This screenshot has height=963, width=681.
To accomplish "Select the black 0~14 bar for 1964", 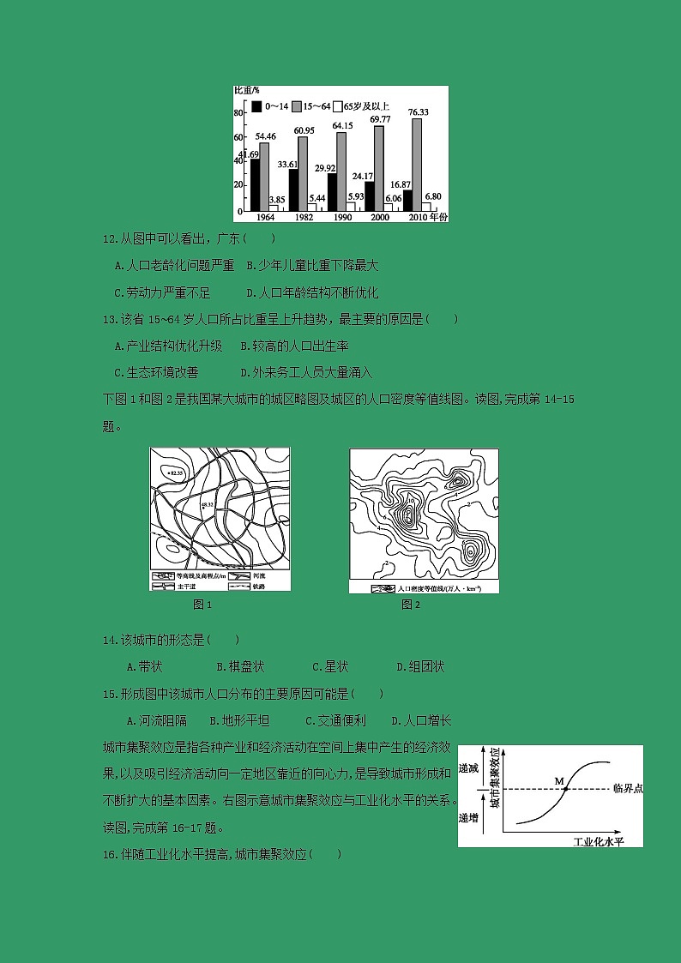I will click(255, 184).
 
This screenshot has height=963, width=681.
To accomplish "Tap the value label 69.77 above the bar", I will click(380, 119).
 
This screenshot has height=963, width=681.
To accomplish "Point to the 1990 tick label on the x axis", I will click(339, 218).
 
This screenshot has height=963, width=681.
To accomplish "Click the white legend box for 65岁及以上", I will click(337, 106).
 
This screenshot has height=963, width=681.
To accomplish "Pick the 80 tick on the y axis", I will click(240, 113).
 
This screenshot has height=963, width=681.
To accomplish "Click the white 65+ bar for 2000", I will click(389, 207).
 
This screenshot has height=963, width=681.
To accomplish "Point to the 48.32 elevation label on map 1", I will click(207, 507).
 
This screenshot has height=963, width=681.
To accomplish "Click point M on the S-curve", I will click(566, 788).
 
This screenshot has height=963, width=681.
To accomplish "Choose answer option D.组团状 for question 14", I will click(420, 666).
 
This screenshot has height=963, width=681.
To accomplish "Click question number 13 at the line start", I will click(109, 320).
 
